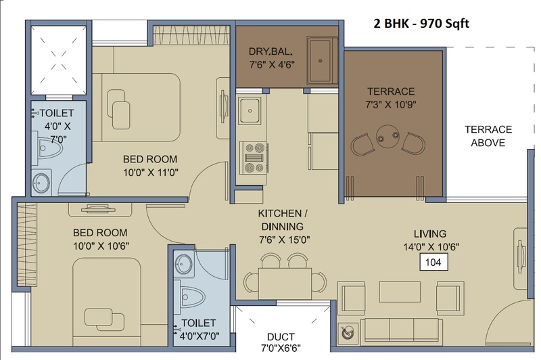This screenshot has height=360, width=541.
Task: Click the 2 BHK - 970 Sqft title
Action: [421, 24]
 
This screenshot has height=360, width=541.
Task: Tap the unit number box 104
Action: [433, 263]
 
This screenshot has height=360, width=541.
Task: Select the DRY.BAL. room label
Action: [271, 52]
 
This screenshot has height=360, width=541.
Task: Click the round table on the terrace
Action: [388, 137]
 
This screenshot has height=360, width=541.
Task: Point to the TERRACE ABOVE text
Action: [488, 136]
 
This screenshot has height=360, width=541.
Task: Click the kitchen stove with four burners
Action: [254, 158]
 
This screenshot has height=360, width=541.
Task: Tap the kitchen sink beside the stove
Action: [250, 110]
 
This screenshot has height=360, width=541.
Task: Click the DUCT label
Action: [281, 336]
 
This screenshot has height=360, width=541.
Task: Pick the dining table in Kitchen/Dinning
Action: [285, 284]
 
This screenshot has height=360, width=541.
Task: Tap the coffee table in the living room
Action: [400, 292]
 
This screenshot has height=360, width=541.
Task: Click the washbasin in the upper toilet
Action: [41, 183]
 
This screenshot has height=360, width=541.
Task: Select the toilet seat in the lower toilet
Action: [190, 297]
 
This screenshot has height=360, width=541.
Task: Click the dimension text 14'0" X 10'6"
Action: [431, 247]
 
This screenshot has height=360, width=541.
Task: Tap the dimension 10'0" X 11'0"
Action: [151, 173]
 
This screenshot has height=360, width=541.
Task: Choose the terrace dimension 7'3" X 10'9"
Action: [391, 104]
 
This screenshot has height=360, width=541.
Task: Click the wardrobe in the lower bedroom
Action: [26, 245]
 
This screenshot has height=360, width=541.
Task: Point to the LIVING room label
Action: [430, 233]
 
